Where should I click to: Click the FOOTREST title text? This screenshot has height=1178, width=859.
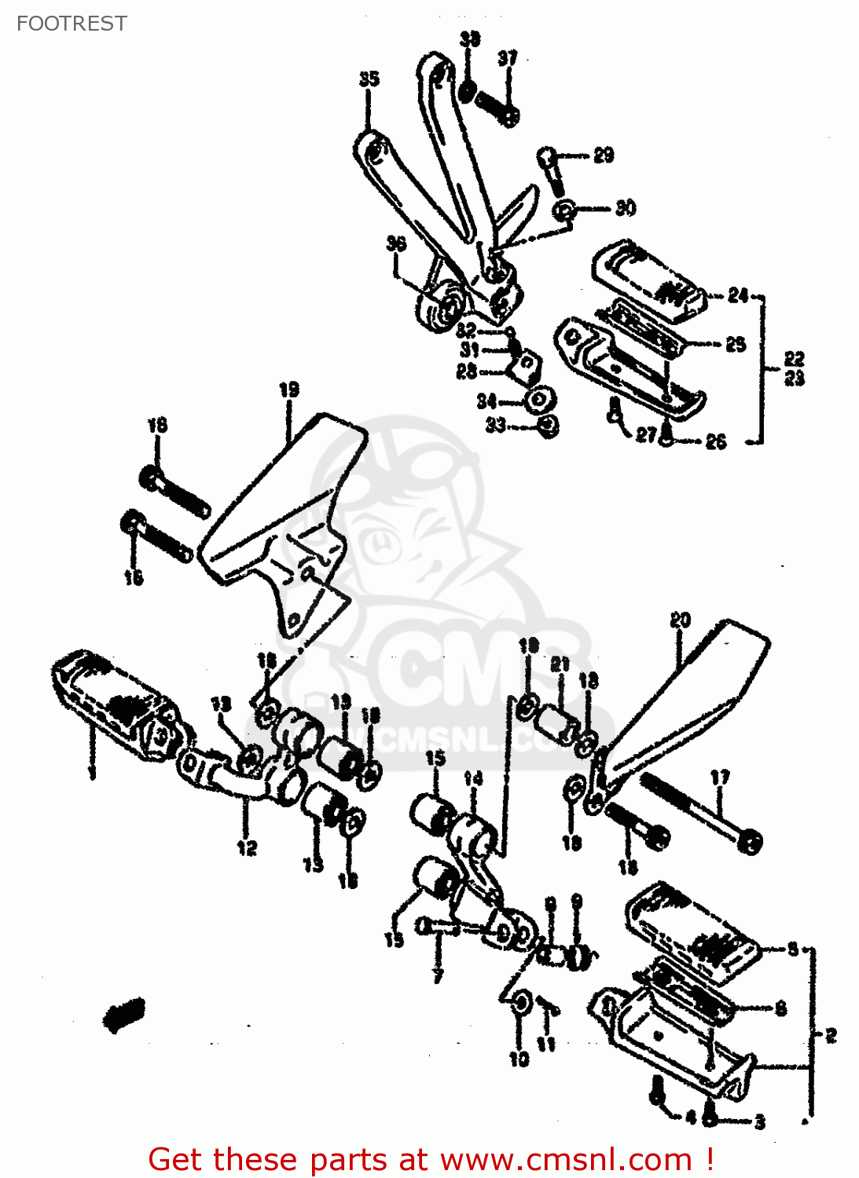72,24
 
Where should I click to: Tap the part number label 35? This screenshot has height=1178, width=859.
369,79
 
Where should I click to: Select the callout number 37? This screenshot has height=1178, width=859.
508,58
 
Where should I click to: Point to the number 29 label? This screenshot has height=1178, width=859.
604,155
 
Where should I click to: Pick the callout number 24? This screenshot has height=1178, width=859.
738,295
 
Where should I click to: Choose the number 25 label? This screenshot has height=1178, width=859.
736,344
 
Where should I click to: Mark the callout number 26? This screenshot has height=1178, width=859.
715,441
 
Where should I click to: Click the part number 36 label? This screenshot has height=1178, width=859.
396,243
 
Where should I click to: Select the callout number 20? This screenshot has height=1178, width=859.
680,620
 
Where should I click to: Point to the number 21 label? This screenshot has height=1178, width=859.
559,664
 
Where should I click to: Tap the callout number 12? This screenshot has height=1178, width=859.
247,848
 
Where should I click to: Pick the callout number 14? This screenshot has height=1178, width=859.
473,779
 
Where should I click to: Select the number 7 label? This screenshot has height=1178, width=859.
438,976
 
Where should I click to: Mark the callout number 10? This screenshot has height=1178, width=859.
519,1059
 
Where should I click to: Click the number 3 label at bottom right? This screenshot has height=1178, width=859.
759,1122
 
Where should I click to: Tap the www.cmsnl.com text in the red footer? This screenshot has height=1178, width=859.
566,1160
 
